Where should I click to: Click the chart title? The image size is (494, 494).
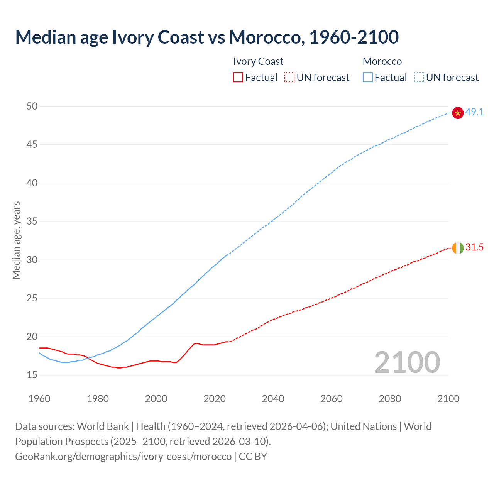[207, 37]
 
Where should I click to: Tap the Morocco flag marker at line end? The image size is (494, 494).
[458, 113]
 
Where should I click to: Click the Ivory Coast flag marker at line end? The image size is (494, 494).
[458, 248]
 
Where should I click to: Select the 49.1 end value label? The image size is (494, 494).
[474, 112]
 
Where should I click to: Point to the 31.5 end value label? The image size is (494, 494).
[474, 247]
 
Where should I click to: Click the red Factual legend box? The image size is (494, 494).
[238, 77]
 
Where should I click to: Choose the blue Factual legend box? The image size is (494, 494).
[367, 77]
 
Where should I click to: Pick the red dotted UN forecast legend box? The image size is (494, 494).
[289, 77]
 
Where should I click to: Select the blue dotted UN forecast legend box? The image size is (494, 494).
[419, 77]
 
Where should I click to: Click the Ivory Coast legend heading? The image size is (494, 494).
[258, 61]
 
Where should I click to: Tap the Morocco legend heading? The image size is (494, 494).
[382, 61]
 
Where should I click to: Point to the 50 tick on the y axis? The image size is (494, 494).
[32, 106]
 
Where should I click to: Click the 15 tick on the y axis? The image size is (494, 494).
[32, 375]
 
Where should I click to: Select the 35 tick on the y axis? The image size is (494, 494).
[32, 222]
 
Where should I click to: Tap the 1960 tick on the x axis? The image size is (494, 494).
[39, 399]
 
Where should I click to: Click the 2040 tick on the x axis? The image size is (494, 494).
[273, 399]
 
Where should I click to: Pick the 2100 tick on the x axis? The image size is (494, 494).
[448, 399]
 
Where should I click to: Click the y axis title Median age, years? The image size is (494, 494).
[16, 240]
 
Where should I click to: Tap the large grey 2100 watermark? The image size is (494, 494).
[407, 362]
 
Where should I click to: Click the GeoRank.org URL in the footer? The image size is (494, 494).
[123, 456]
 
